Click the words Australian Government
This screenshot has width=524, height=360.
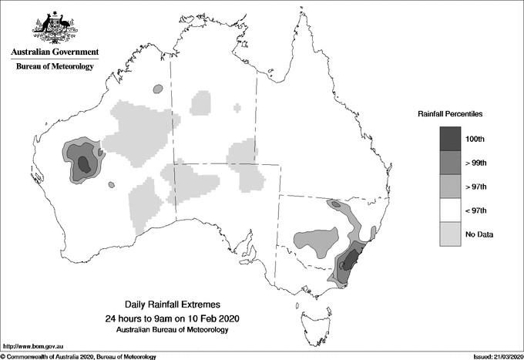[x=54, y=52]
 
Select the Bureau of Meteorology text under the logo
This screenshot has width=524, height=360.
[x=54, y=67]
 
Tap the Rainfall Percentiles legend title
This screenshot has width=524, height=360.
[x=450, y=113]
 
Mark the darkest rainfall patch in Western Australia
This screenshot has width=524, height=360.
[x=84, y=163]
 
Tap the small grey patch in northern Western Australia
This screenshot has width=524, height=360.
[x=158, y=89]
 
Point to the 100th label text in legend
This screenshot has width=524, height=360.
[x=475, y=139]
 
